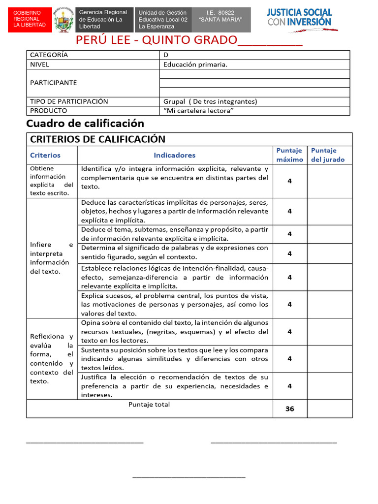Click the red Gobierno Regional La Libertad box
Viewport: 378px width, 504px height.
click(x=30, y=18)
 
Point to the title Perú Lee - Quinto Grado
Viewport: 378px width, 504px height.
click(x=189, y=40)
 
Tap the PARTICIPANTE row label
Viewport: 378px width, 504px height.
click(x=54, y=83)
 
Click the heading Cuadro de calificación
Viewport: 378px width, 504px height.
click(x=85, y=124)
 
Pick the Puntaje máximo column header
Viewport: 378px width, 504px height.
click(x=289, y=155)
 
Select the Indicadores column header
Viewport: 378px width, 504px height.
click(x=174, y=155)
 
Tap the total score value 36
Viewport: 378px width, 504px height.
click(x=289, y=409)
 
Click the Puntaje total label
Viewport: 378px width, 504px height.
click(x=149, y=405)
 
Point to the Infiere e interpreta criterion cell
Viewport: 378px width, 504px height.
click(x=51, y=258)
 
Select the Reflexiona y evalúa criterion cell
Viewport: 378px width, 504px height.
click(x=51, y=358)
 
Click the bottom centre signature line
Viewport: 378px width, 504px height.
click(x=189, y=476)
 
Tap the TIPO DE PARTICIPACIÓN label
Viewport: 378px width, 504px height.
click(x=69, y=101)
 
